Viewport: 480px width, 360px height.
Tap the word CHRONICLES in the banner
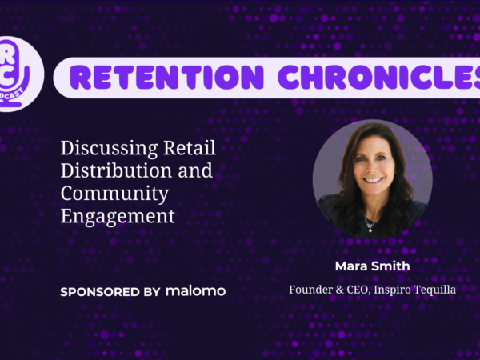379,77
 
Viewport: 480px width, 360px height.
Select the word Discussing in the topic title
109,149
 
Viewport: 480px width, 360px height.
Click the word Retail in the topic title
190,147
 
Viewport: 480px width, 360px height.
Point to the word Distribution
116,170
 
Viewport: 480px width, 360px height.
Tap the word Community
114,194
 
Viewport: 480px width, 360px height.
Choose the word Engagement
118,217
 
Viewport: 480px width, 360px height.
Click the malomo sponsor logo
196,291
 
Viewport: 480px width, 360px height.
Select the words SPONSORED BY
110,292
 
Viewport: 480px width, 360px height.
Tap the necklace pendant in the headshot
370,228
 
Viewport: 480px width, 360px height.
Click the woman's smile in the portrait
373,180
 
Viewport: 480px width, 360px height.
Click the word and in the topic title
195,170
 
